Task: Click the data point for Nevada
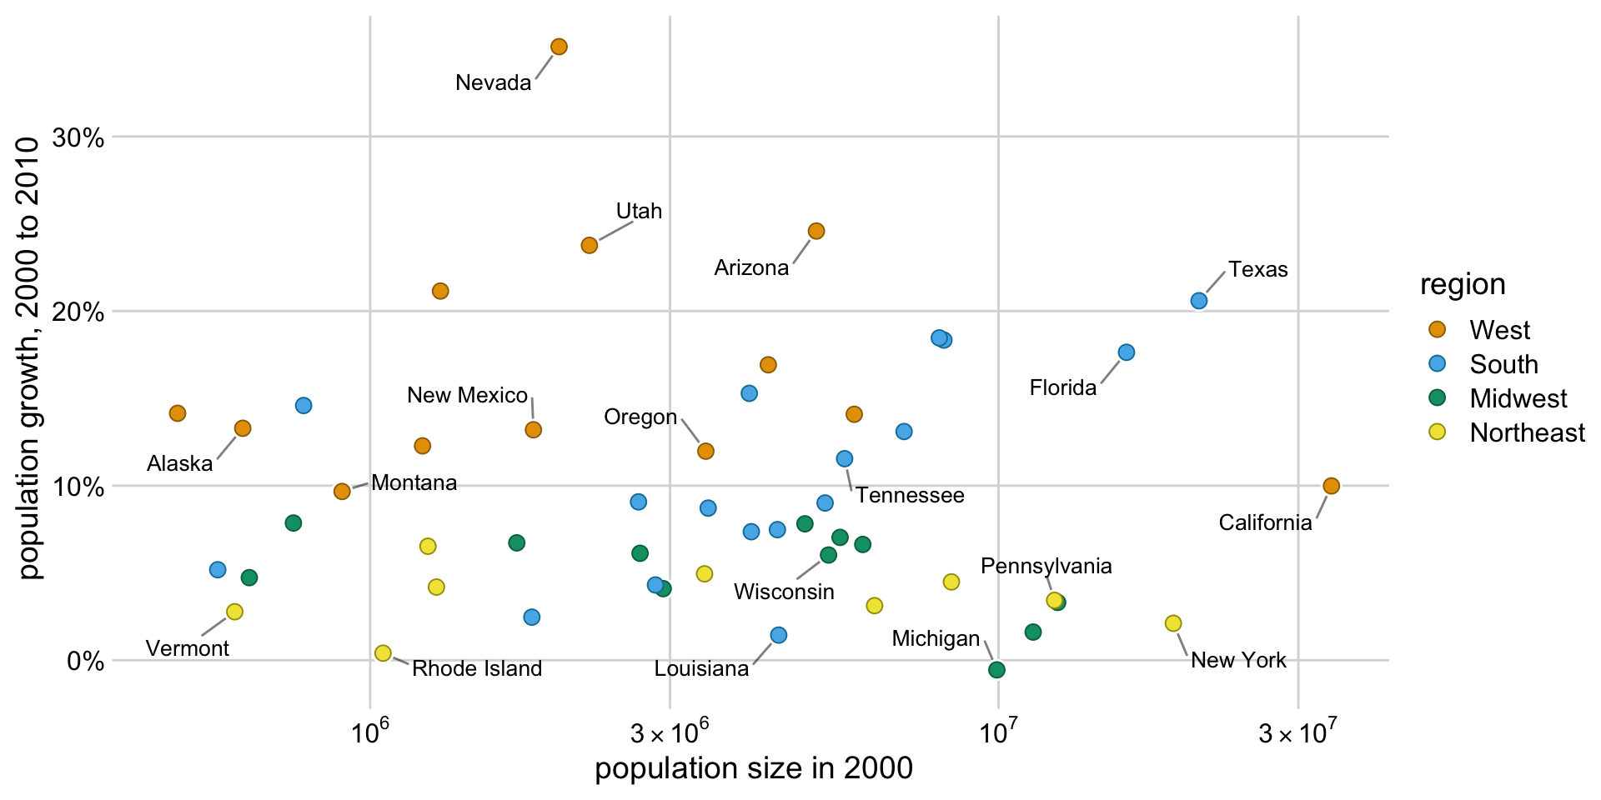tap(559, 47)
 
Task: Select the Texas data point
tap(1198, 301)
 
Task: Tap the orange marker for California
tap(1331, 486)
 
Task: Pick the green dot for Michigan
tap(996, 670)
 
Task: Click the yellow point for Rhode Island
tap(383, 653)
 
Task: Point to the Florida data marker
tap(1126, 352)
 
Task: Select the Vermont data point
tap(234, 612)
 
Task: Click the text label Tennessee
tap(910, 496)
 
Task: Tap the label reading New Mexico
tap(467, 395)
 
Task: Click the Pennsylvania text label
tap(1046, 567)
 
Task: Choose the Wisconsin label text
tap(784, 592)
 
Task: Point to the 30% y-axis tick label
tap(78, 137)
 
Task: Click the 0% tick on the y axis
tap(85, 662)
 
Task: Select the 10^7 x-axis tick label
tap(998, 733)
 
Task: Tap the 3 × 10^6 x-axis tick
tap(670, 733)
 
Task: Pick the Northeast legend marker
tap(1437, 432)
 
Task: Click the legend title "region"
tap(1463, 285)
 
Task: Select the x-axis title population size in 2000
tap(753, 768)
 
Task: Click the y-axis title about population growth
tap(29, 358)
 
